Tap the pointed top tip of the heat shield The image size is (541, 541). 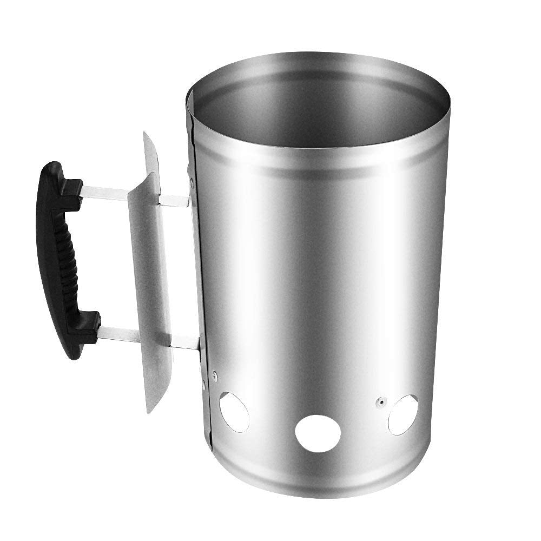point(146,135)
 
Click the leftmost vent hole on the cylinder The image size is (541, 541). point(234,412)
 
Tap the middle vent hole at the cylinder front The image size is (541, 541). point(318,433)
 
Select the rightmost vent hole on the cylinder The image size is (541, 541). point(403,414)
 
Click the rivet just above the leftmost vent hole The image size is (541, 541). point(215,374)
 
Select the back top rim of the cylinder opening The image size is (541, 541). point(319,56)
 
